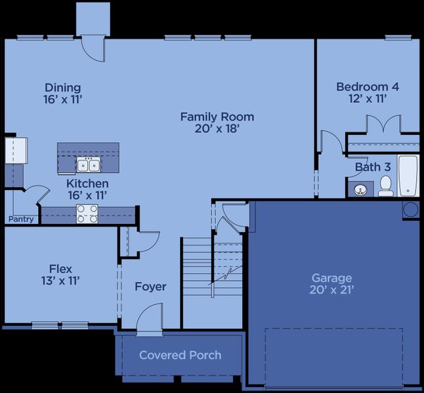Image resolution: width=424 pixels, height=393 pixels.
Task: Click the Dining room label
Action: pos(63,88)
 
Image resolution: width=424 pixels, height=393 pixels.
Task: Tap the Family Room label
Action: pos(217,117)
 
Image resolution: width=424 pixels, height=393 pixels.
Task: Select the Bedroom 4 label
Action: pos(367,86)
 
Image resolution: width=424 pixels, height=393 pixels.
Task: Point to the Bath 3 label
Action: pos(368,168)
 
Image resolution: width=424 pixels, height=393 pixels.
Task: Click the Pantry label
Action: pos(21,219)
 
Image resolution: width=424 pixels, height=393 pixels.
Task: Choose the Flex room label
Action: pos(60,269)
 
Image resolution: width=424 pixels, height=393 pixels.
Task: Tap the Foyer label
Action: pos(150,287)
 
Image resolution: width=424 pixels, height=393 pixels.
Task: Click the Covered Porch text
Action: pos(180,355)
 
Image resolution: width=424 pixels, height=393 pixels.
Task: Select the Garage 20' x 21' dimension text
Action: pos(332,290)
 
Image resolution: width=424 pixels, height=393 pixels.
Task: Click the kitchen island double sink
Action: pos(87,164)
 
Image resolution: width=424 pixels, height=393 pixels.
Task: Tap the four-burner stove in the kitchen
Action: pos(87,213)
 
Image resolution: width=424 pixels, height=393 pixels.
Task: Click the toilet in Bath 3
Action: pos(386,185)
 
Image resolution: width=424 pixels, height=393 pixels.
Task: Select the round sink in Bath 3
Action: pos(359,190)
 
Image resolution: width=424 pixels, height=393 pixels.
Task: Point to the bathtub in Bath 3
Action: pos(407,176)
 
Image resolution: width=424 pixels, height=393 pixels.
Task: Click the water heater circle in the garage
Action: pos(410,210)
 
